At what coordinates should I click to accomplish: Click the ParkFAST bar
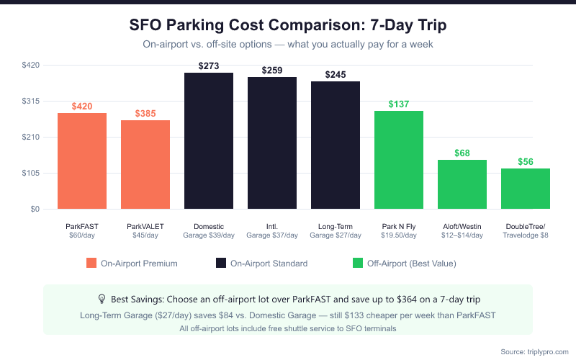pyautogui.click(x=82, y=161)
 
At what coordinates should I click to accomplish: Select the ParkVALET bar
pyautogui.click(x=145, y=165)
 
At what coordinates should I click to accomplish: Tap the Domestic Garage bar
pyautogui.click(x=209, y=141)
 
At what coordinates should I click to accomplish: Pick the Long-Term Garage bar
pyautogui.click(x=336, y=145)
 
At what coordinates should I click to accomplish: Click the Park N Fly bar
pyautogui.click(x=399, y=160)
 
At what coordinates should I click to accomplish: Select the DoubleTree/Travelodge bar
pyautogui.click(x=526, y=189)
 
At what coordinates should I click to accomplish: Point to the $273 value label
pyautogui.click(x=209, y=66)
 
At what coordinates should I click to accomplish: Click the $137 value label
pyautogui.click(x=399, y=104)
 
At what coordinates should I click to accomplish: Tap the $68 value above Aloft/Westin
pyautogui.click(x=462, y=153)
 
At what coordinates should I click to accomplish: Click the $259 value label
pyautogui.click(x=272, y=71)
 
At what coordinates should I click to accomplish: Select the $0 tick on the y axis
pyautogui.click(x=35, y=210)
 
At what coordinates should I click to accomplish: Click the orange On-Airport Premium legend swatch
pyautogui.click(x=91, y=264)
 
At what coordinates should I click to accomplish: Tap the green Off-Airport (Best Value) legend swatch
pyautogui.click(x=357, y=264)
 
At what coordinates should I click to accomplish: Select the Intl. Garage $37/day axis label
pyautogui.click(x=272, y=230)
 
